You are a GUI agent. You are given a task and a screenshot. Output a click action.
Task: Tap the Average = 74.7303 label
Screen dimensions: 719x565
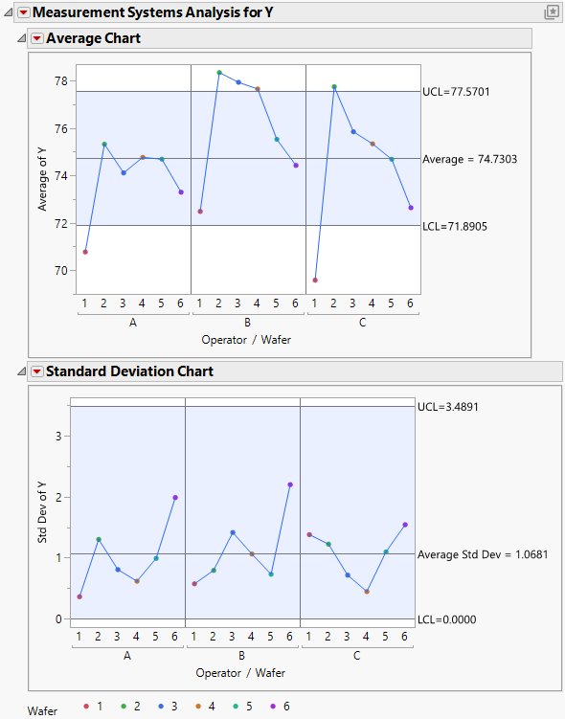[469, 159]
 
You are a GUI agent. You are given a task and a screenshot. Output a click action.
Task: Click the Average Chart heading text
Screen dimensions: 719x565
[93, 38]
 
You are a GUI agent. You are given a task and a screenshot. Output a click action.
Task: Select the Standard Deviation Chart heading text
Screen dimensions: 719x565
[129, 371]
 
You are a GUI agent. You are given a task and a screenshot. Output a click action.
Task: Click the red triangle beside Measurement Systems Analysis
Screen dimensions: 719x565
[23, 12]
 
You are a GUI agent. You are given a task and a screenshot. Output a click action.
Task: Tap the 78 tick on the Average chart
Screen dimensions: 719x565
[59, 81]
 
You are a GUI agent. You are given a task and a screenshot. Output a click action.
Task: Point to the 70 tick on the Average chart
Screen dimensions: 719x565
[59, 271]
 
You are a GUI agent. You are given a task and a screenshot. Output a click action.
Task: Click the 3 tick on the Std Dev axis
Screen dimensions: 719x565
[58, 436]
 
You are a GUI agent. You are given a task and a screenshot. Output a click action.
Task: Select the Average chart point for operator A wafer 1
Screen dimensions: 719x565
[85, 252]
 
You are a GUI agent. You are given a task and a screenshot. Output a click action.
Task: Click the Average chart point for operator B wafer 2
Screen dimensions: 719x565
[219, 73]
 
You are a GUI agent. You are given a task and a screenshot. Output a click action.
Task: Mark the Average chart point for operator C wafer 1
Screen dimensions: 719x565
[315, 280]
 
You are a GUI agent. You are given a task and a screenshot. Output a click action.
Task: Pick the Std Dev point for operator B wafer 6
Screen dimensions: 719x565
[290, 484]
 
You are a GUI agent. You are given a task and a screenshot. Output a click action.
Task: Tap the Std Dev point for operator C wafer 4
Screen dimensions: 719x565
[367, 592]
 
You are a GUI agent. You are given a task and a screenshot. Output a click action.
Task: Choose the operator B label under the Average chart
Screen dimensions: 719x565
[248, 323]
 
